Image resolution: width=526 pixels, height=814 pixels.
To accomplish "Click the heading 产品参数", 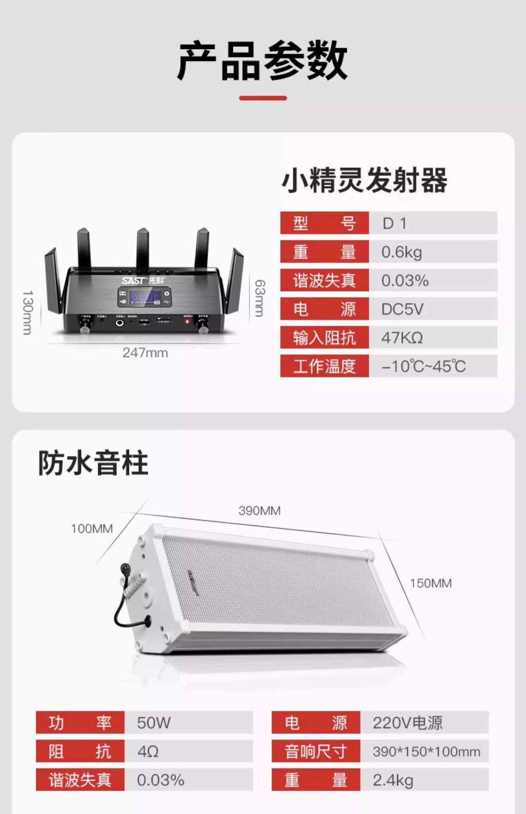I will tap(263, 61).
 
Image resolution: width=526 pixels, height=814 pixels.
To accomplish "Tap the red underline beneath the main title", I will tap(263, 98).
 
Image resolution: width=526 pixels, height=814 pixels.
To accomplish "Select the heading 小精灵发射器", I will tap(364, 180).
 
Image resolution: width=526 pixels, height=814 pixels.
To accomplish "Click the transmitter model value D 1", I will tap(394, 223).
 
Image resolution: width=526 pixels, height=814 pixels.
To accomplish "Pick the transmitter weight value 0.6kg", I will tap(401, 252).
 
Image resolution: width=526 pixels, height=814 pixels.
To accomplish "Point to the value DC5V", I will tap(402, 309).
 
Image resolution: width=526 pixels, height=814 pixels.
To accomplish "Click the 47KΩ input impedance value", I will tap(402, 338).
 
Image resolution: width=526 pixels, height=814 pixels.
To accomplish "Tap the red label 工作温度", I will tap(325, 366).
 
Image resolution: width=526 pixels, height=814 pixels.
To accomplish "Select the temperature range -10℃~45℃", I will tap(423, 366).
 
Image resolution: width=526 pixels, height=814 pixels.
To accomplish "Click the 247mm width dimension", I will tap(145, 353).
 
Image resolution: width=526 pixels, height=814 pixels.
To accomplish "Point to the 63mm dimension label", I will tap(259, 298).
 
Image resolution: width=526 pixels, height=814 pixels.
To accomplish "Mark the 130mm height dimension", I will tap(27, 312).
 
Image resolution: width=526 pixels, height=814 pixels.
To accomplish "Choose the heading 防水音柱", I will tap(93, 463).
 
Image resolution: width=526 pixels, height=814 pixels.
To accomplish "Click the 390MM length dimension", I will tap(259, 510).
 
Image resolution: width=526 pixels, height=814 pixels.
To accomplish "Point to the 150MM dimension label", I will tap(431, 583).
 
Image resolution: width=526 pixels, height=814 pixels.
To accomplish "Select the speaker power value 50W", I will tap(154, 723).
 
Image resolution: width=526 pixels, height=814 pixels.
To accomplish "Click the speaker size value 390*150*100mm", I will tap(426, 752).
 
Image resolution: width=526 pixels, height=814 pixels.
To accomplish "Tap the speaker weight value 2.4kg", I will tap(393, 780).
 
